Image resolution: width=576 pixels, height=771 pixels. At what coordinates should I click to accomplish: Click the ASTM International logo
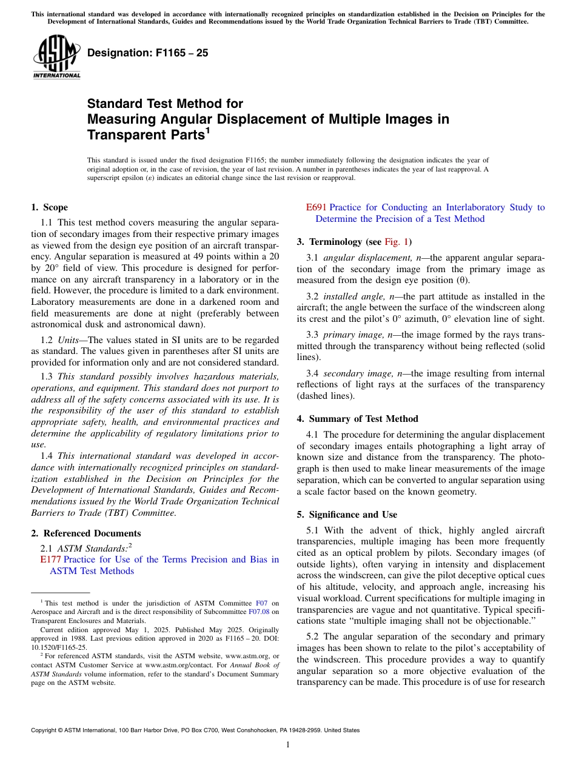pos(56,57)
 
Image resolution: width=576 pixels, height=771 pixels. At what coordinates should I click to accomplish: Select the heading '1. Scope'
pos(49,207)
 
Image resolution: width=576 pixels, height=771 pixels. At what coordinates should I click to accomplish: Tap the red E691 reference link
pos(316,207)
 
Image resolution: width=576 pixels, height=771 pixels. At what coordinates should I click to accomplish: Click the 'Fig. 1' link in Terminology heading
pos(397,242)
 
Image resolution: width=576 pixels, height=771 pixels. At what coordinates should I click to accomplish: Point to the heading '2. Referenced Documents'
pos(85,533)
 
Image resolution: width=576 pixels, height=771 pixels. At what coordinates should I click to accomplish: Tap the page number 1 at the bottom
pos(287,745)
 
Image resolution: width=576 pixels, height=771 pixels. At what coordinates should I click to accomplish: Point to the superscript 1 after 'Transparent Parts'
pos(207,129)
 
